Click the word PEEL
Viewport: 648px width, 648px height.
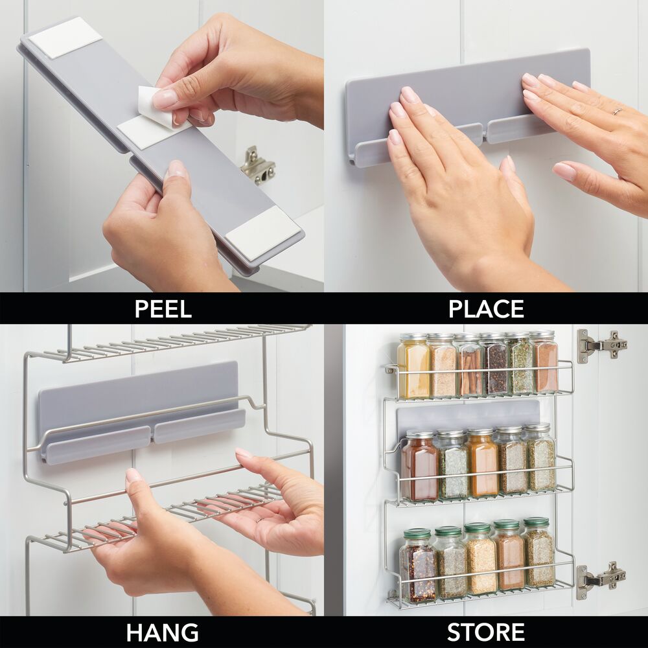tap(163, 308)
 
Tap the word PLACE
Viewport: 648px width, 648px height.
tap(486, 308)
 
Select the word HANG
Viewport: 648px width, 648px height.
tap(162, 632)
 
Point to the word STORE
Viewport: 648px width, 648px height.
tap(486, 632)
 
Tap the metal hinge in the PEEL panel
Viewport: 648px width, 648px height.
tap(258, 166)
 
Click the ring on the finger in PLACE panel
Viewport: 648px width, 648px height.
tap(618, 111)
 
